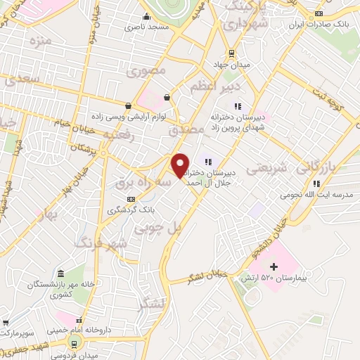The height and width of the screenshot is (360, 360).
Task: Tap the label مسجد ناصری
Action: (x=144, y=27)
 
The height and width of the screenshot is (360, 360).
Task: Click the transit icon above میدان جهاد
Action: (x=231, y=53)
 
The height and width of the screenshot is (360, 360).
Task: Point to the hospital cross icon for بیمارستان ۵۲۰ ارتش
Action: (x=274, y=266)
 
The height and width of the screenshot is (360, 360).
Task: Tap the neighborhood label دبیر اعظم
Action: (x=216, y=86)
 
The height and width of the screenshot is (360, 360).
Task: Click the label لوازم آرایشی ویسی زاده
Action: (x=128, y=116)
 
